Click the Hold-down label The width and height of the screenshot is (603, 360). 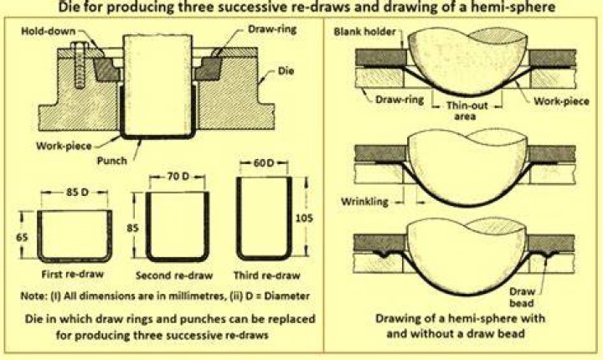(x=48, y=31)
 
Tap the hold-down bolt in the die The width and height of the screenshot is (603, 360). (x=80, y=64)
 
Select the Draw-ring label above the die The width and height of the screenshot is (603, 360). (x=272, y=29)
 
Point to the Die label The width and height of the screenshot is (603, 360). (x=286, y=71)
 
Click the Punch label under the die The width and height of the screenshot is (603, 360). (x=112, y=161)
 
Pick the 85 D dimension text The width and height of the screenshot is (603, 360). (x=77, y=192)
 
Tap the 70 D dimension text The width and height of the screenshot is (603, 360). (x=178, y=177)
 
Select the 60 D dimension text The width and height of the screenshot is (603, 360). (x=264, y=163)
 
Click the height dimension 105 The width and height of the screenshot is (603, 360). (x=304, y=218)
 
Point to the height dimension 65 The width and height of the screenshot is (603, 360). (x=22, y=237)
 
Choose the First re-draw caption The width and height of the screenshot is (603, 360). (x=73, y=275)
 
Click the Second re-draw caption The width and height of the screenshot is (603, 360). (x=174, y=275)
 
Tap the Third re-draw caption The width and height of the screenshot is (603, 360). (x=267, y=275)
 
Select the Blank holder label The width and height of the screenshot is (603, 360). (x=364, y=32)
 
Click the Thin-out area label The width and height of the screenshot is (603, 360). (x=466, y=111)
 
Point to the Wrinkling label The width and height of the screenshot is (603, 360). (x=364, y=201)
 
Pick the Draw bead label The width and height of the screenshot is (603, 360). (x=522, y=297)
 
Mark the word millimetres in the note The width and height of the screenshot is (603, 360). (x=198, y=296)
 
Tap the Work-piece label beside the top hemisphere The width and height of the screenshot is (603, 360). (x=561, y=101)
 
